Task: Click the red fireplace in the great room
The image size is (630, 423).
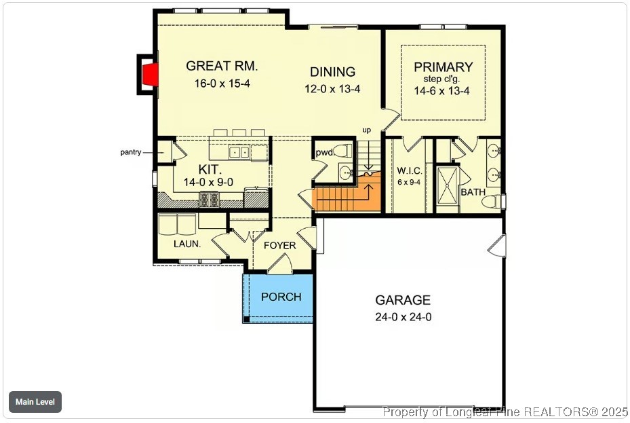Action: pos(153,75)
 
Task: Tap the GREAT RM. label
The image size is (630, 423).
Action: pos(222,66)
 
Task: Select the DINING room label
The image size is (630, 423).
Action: pos(332,72)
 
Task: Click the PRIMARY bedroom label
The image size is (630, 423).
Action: pos(443,67)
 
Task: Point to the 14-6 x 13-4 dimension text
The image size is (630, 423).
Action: pos(443,92)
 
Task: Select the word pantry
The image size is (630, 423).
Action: pos(131,152)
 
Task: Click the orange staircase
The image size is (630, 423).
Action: pos(346,198)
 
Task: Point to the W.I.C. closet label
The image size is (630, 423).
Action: pos(410,170)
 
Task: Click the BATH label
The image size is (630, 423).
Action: pos(473,192)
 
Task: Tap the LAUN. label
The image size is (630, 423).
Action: pos(186,244)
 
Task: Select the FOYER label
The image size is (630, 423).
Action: pos(279,245)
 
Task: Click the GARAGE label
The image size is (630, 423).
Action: pos(403,300)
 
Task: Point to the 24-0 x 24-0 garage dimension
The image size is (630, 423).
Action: pos(403,316)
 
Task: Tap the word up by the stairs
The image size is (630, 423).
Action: pos(367,130)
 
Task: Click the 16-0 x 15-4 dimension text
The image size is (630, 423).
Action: pos(222,83)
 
